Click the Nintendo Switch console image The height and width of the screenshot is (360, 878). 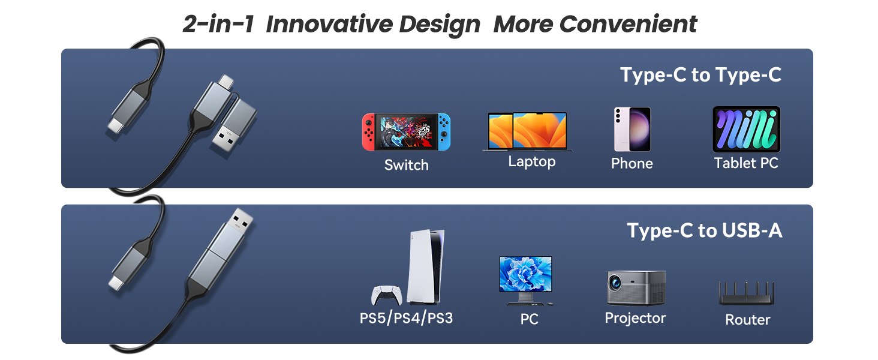[406, 132]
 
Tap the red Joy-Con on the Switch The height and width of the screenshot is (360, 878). [368, 132]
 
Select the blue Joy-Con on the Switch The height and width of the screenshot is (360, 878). [444, 132]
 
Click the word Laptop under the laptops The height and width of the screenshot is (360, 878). [532, 161]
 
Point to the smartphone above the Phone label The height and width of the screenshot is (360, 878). [632, 129]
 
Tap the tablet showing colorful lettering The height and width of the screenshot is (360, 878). [746, 129]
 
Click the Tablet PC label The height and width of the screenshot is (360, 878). [746, 163]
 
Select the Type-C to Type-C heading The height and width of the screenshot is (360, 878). [701, 74]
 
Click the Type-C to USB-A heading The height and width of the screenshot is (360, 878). [705, 230]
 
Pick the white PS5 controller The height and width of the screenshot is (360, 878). [386, 295]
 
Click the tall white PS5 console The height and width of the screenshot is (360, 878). [426, 267]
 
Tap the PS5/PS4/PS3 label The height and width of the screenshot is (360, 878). [406, 318]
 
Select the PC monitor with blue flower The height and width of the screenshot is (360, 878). [525, 280]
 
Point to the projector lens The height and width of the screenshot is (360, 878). [615, 281]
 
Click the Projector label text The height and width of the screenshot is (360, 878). [635, 318]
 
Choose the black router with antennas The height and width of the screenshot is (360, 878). [746, 293]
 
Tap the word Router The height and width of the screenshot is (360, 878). [747, 320]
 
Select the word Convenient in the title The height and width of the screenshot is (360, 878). [629, 24]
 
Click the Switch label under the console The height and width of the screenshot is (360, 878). [407, 165]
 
